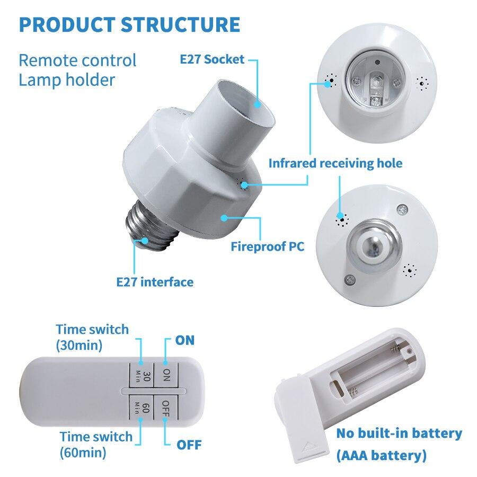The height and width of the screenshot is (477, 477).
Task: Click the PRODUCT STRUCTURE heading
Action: point(129,25)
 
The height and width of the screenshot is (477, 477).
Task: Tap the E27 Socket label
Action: point(211,59)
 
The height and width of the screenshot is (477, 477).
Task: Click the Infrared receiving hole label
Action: point(335,163)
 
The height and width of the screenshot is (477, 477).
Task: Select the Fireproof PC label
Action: point(268,246)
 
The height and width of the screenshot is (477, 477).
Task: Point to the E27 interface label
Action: point(155,281)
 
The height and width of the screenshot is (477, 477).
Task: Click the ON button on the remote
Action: point(166,376)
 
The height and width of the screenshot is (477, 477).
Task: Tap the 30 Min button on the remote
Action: point(140,376)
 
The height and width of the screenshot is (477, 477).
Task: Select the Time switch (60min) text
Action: point(95,444)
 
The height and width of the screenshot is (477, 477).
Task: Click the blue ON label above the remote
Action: point(185,340)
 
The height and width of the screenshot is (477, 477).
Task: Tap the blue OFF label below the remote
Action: point(189,444)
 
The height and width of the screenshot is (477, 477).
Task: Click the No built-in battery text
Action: point(399,433)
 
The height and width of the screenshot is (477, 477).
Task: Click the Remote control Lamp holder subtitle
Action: point(77,69)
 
